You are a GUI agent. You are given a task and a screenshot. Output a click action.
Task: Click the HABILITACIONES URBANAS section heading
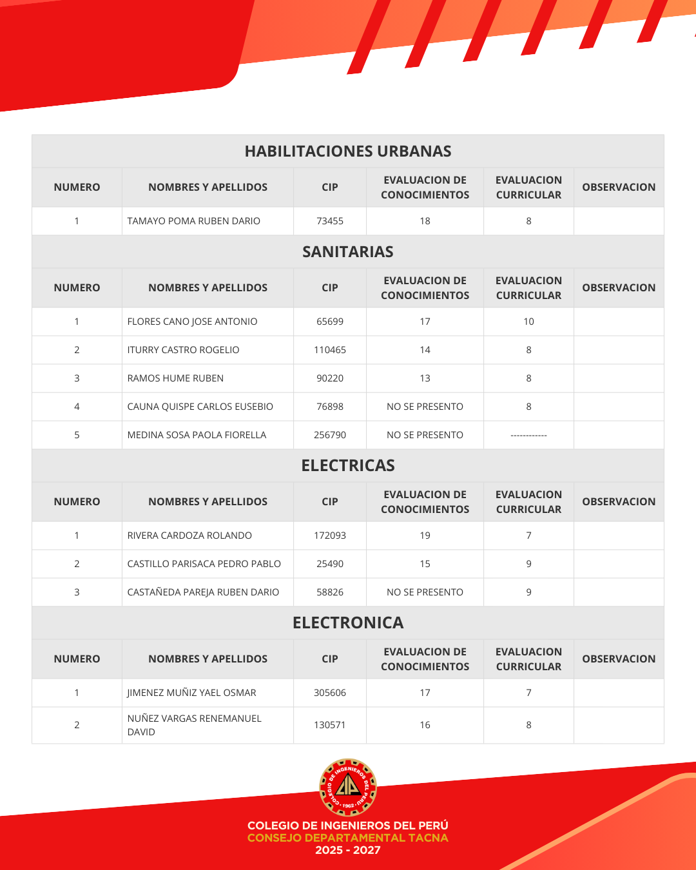coord(348,151)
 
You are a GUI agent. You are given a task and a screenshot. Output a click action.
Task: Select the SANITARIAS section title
coord(348,252)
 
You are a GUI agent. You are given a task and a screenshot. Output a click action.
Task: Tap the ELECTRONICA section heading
coord(348,623)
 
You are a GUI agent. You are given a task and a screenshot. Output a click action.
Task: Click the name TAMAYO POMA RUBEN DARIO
coord(194,221)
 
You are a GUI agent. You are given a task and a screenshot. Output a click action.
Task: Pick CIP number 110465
coord(330,350)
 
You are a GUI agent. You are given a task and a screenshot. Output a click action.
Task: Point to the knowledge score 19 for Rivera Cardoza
coord(425,536)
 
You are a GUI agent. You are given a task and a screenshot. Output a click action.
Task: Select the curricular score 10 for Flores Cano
coord(528,322)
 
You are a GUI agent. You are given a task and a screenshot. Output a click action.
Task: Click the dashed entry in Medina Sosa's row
coord(528,436)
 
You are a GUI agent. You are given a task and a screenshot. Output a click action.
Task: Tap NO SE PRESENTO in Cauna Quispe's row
coord(425,407)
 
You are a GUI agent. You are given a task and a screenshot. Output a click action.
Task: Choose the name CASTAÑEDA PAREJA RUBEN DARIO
coord(203,592)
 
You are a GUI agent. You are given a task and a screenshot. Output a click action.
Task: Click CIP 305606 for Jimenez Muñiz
coord(330,693)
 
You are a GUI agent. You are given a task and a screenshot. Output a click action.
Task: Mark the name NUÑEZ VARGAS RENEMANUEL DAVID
coord(194,725)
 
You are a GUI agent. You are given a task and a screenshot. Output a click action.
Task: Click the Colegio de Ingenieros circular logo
coord(348,788)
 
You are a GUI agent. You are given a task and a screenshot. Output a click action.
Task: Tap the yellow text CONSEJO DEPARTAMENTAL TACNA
coord(348,838)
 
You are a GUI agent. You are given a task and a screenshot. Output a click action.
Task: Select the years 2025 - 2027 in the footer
coord(348,851)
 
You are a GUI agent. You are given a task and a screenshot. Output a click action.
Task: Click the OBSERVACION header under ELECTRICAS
coord(619,502)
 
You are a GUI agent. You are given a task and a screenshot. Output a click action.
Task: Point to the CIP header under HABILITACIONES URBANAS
coord(330,188)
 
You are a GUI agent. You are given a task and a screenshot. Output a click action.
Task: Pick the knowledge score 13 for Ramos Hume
coord(425,378)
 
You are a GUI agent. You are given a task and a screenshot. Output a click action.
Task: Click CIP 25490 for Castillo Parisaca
coord(330,564)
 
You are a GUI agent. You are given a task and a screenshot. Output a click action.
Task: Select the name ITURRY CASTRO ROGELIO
coord(183,350)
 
